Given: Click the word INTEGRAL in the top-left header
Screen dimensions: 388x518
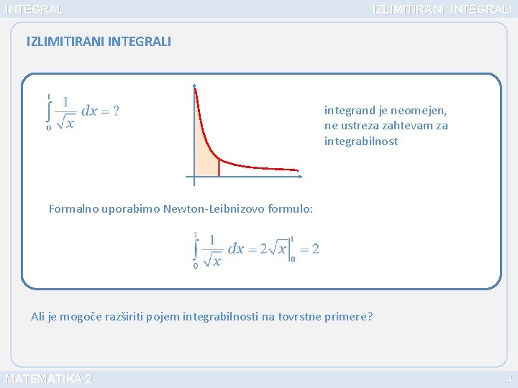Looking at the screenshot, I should coord(34,9).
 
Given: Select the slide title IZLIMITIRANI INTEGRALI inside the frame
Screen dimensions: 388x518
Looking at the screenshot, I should coord(99,42).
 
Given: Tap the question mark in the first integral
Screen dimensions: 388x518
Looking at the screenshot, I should coord(117,111).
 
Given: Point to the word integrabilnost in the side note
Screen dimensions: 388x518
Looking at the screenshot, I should coord(361,141).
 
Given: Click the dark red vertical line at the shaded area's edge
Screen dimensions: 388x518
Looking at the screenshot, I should coord(219,166).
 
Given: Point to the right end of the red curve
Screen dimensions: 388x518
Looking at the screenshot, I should coord(297,170).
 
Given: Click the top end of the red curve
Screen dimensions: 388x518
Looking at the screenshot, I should coord(194,88).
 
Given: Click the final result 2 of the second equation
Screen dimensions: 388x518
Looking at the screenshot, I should coord(315,249).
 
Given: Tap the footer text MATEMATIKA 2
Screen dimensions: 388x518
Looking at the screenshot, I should coord(48,379).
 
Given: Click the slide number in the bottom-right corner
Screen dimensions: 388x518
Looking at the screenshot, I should coord(510,379).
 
